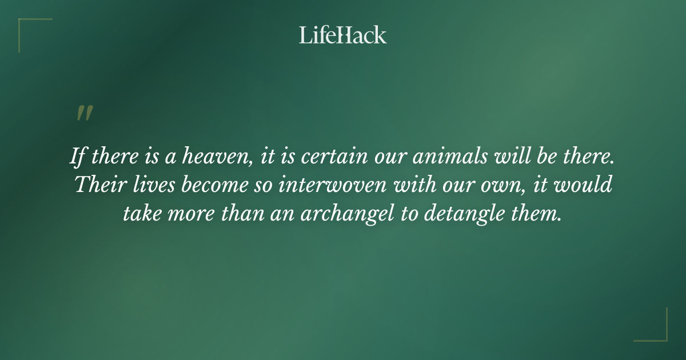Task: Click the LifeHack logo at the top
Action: [x=343, y=35]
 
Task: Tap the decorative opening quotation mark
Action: [x=84, y=113]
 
